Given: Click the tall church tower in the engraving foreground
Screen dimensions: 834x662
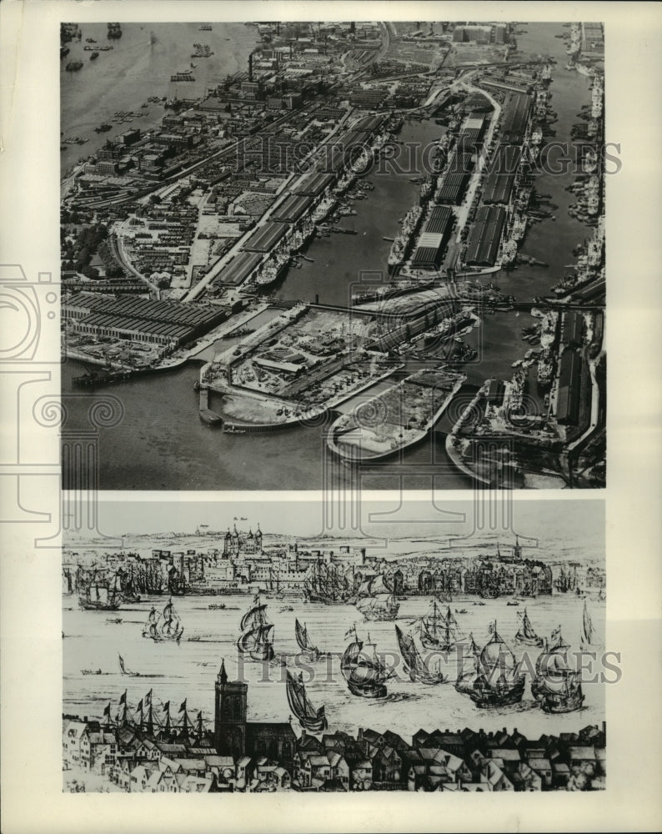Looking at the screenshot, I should [230, 709].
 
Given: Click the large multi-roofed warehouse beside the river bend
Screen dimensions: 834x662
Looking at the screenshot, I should [142, 318].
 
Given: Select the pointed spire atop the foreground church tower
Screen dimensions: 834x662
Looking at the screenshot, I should [223, 670].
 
